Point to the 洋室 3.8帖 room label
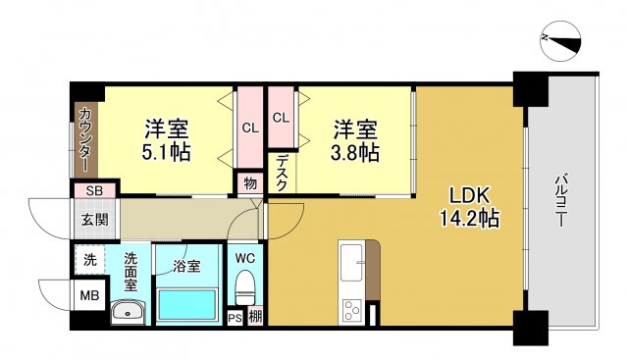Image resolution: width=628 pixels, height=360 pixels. pyautogui.click(x=354, y=140)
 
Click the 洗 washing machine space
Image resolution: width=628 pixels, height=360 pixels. pyautogui.click(x=90, y=261)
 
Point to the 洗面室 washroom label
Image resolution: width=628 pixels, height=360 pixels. pyautogui.click(x=131, y=272)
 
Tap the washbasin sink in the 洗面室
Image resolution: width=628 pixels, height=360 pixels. pyautogui.click(x=129, y=313)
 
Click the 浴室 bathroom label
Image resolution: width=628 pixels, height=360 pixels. pyautogui.click(x=186, y=264)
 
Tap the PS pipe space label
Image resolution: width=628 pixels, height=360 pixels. pyautogui.click(x=235, y=317)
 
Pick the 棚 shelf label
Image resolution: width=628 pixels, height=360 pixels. pyautogui.click(x=255, y=317)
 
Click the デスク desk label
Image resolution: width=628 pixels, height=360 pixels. pyautogui.click(x=282, y=174)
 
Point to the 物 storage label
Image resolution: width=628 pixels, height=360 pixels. pyautogui.click(x=250, y=182)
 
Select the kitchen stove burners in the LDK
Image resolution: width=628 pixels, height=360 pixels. pyautogui.click(x=352, y=312)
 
